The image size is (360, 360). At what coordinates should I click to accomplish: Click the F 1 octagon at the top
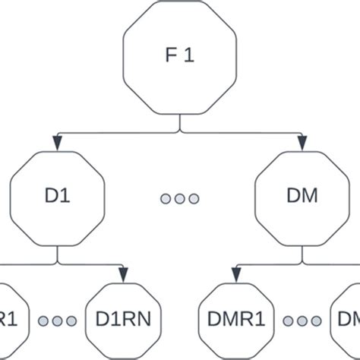click(179, 56)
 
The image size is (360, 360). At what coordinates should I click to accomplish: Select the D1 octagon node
click(57, 198)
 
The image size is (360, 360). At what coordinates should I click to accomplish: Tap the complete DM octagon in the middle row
click(302, 198)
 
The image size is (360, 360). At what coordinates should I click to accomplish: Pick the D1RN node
click(123, 320)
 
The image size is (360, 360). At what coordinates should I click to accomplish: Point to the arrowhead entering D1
click(57, 143)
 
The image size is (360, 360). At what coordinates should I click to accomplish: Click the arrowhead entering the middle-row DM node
click(302, 143)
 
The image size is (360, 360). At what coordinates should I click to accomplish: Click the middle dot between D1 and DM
click(179, 198)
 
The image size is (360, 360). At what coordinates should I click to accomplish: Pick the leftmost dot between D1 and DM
click(166, 198)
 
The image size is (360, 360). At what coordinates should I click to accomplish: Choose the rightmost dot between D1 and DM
click(194, 198)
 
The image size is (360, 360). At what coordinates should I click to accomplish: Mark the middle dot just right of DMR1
click(302, 321)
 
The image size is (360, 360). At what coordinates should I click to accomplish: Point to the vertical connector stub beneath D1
click(57, 255)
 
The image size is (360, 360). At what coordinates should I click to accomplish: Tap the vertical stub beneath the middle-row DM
click(302, 255)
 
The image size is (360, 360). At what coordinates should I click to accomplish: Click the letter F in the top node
click(170, 56)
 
